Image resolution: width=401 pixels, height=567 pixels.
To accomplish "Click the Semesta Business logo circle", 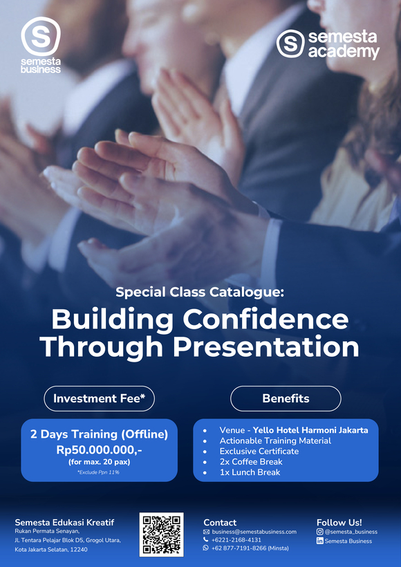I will click(x=41, y=36).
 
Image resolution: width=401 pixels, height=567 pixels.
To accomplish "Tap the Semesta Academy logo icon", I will click(x=290, y=43).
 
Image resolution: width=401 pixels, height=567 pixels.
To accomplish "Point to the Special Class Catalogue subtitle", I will click(x=200, y=292).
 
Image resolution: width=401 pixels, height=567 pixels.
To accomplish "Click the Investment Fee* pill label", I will click(x=99, y=398).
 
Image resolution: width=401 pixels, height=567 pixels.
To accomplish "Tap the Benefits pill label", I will click(x=286, y=398).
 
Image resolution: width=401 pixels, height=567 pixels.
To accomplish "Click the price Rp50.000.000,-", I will click(x=99, y=449).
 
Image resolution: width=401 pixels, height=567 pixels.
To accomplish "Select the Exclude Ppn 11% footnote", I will click(x=99, y=472).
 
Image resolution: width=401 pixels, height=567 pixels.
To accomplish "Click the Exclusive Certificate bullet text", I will click(x=259, y=451).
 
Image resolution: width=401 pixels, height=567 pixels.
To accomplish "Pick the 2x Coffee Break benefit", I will click(x=251, y=461).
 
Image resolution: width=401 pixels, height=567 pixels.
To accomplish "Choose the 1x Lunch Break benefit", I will click(x=250, y=472).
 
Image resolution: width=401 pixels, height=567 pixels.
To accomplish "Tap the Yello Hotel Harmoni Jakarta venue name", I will click(x=310, y=430).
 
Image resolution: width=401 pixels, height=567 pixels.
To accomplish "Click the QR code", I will click(x=161, y=535).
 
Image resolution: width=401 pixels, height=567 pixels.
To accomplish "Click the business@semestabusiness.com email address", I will click(x=254, y=532).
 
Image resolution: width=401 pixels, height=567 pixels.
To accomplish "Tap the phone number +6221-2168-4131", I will click(x=236, y=540).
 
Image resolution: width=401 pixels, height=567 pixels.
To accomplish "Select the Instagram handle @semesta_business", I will click(x=351, y=532).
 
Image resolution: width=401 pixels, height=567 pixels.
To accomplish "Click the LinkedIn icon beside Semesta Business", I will click(x=319, y=541).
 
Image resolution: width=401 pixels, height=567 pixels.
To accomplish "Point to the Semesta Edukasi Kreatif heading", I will click(x=64, y=522).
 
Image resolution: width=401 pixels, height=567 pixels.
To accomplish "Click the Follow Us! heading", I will click(x=339, y=522).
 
